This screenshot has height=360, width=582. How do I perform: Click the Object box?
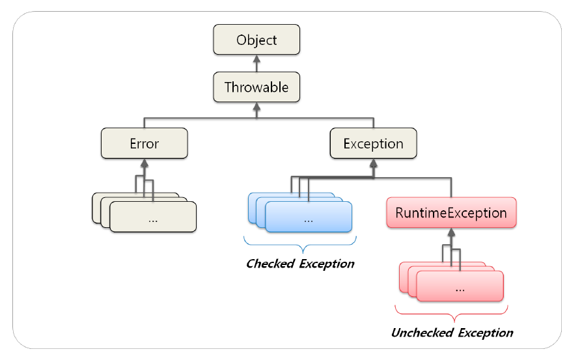click(256, 40)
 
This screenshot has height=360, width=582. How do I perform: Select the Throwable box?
click(256, 87)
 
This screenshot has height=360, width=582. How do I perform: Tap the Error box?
click(145, 143)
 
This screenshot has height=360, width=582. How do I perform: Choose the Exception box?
click(374, 143)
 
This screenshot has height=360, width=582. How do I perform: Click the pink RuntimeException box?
click(451, 213)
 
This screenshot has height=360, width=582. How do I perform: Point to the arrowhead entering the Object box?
click(256, 59)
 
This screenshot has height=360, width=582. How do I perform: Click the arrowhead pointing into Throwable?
click(256, 107)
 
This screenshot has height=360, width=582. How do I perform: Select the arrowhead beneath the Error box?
click(145, 163)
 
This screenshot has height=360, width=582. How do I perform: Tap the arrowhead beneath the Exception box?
click(374, 163)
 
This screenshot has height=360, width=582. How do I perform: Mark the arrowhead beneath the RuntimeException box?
click(451, 232)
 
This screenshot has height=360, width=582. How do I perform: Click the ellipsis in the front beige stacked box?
click(153, 221)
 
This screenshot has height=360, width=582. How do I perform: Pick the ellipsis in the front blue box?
click(309, 221)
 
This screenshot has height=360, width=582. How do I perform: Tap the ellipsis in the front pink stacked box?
click(460, 290)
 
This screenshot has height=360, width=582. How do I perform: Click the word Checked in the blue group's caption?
click(270, 264)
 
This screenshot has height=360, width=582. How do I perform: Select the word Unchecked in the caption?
click(423, 333)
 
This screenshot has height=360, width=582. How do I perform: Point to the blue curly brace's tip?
click(303, 253)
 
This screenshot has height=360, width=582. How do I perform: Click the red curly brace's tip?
click(454, 321)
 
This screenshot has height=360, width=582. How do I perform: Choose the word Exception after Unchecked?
click(486, 333)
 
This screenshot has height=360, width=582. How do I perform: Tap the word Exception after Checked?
click(327, 264)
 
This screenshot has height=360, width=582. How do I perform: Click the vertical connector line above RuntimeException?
click(451, 187)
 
